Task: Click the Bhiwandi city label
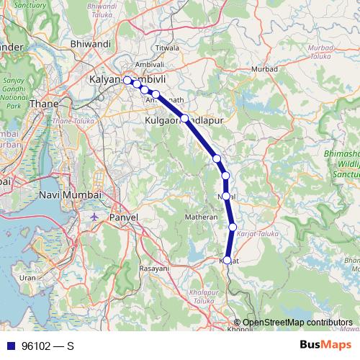coord(90,44)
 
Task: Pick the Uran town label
coord(27,277)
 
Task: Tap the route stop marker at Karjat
coord(228,261)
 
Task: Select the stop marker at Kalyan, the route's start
coord(127,81)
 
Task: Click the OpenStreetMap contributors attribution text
coord(297,323)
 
